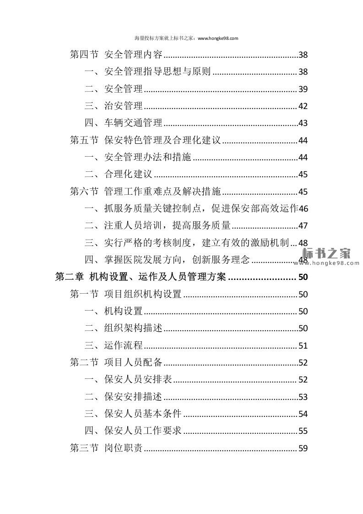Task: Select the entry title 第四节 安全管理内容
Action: click(116, 55)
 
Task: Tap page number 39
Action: click(303, 89)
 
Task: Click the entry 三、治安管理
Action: click(114, 106)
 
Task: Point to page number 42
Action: click(303, 106)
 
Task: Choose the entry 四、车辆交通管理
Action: click(124, 123)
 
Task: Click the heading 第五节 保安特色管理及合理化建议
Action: click(145, 141)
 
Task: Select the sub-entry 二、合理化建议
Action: click(119, 175)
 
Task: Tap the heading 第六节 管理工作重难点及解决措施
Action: click(145, 191)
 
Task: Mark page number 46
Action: click(303, 209)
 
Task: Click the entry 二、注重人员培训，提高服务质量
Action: click(157, 226)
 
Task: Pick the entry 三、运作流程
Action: click(114, 345)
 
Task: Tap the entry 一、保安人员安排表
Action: click(129, 380)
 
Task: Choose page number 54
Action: click(303, 414)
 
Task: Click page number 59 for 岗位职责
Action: click(303, 448)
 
